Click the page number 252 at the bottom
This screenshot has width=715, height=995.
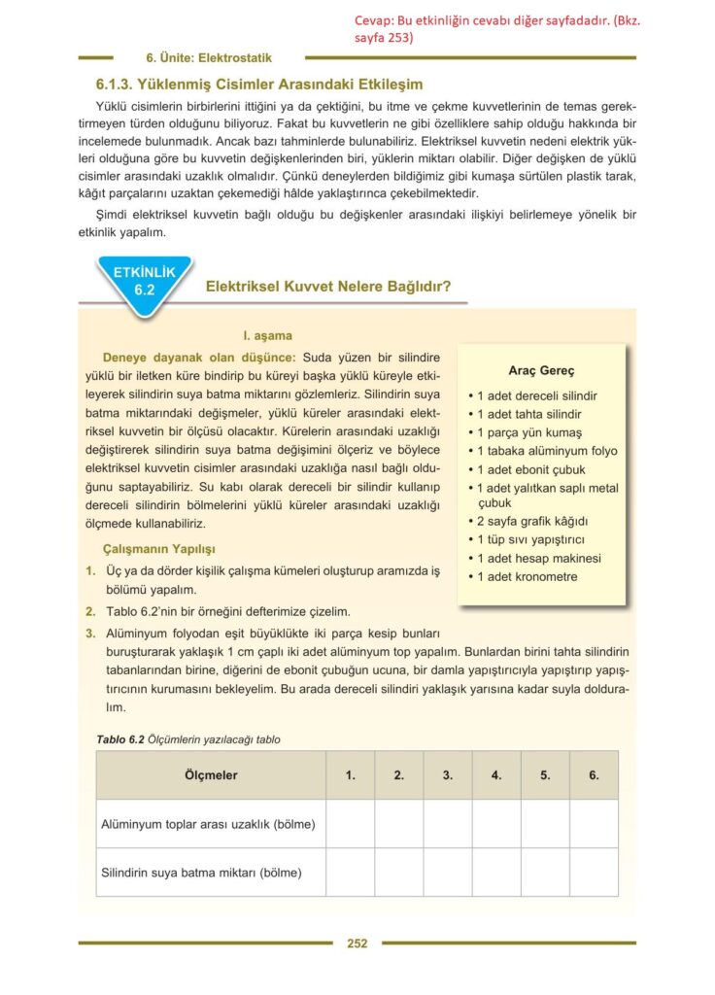357,943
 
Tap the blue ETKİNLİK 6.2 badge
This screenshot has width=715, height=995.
145,280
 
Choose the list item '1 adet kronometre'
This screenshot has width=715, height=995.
526,576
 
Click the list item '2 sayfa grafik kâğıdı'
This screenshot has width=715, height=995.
531,522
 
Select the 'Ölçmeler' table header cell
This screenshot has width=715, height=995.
211,775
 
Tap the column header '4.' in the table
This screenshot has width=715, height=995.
496,775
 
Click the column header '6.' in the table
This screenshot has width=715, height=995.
594,775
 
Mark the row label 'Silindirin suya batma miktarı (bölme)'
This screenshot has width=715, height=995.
201,873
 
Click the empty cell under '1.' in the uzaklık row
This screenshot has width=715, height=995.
350,824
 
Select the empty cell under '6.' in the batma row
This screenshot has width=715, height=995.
594,873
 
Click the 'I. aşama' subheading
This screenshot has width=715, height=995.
267,335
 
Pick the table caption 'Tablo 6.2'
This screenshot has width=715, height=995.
119,739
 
